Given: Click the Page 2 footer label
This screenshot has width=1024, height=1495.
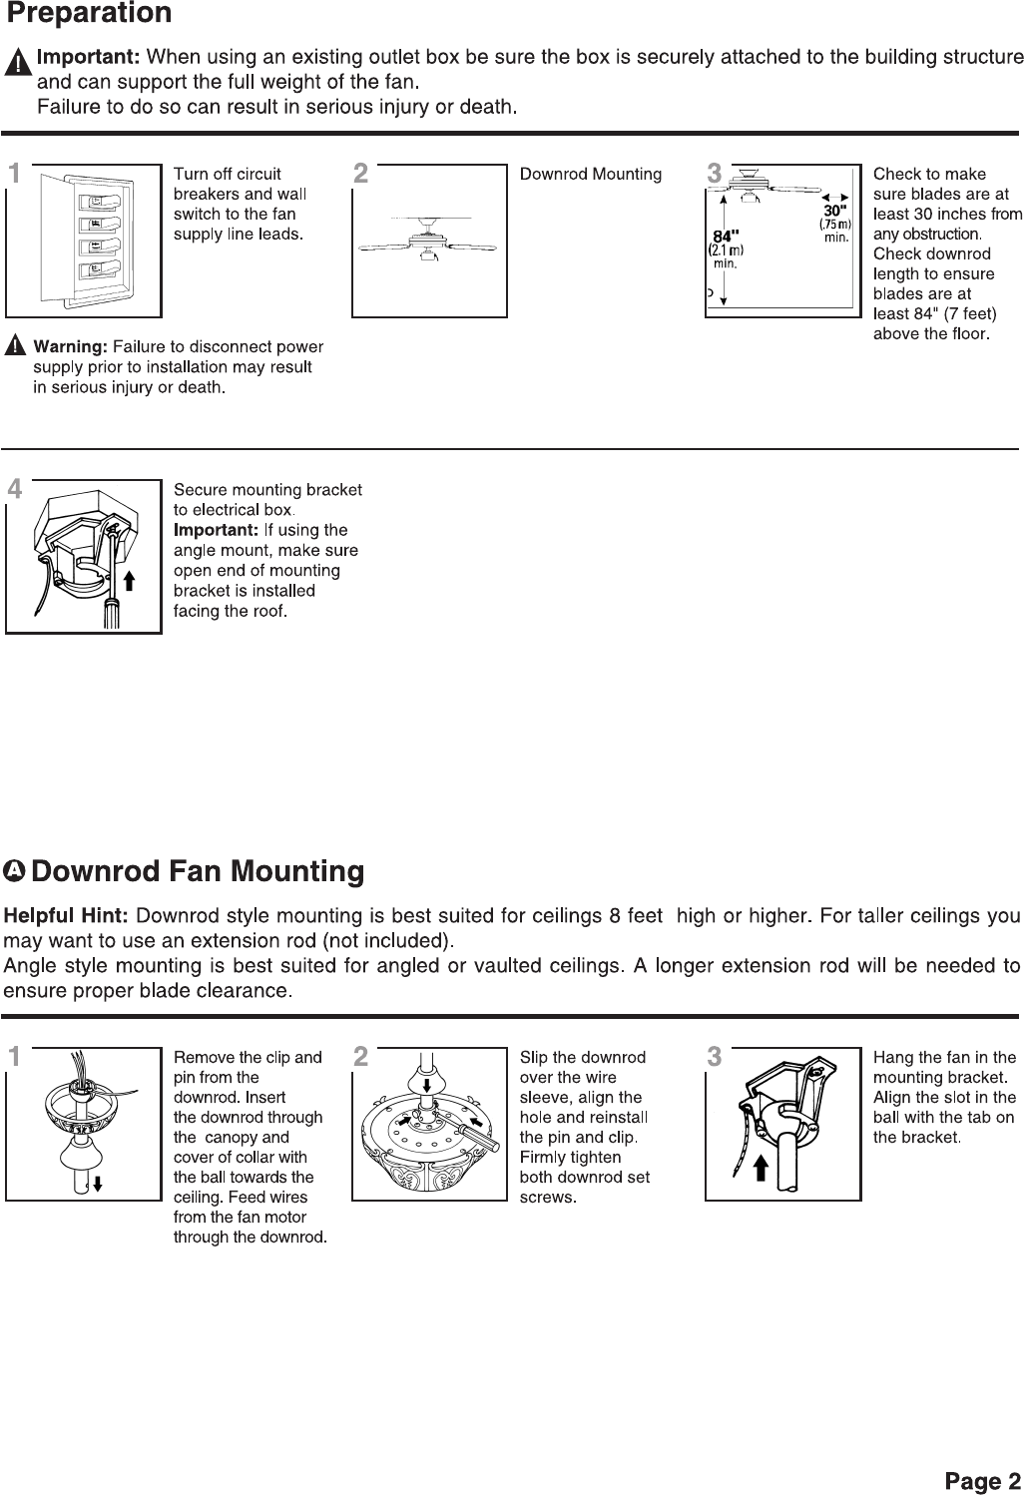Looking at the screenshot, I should point(982,1481).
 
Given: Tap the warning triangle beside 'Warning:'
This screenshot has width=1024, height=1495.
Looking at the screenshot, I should point(16,347).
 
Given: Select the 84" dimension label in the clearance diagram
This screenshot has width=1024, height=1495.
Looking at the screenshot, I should point(725,237).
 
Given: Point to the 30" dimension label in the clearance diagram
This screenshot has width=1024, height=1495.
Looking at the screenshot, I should point(834,212).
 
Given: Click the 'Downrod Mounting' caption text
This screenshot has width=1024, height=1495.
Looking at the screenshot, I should point(591,175).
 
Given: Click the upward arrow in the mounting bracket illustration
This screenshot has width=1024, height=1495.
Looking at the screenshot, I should point(129,581).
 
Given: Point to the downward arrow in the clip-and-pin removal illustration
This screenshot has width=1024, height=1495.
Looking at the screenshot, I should point(98,1184).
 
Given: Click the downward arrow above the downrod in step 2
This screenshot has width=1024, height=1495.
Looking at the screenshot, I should point(426,1085).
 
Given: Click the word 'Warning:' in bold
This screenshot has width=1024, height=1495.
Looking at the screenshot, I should point(71,347).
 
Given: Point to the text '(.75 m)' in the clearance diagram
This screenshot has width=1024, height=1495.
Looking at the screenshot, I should point(834,225).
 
